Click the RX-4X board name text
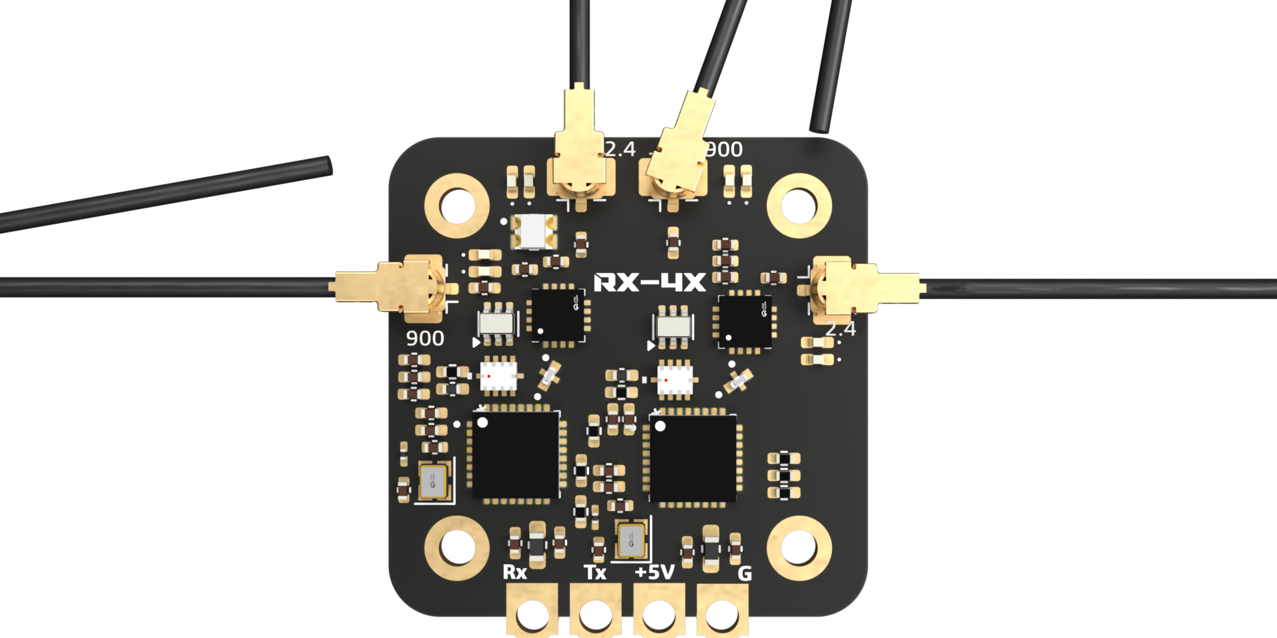tap(649, 282)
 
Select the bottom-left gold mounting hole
tap(457, 548)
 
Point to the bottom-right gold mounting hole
tap(799, 548)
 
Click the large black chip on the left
tap(516, 455)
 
